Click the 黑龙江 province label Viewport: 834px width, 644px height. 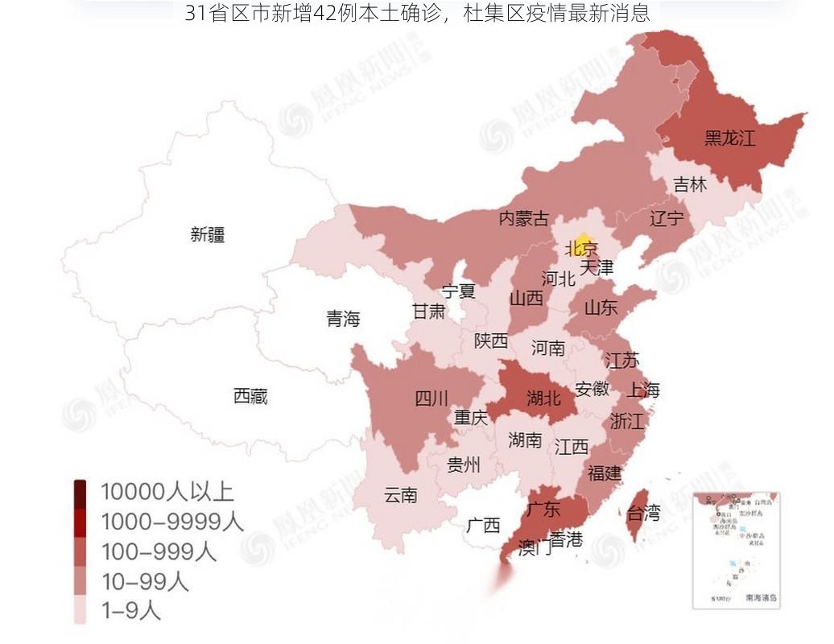tap(729, 138)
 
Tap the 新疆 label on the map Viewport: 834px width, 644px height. tap(208, 234)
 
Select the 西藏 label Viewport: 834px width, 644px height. tap(250, 395)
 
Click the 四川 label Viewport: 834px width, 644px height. tap(431, 398)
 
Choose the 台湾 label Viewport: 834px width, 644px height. tap(642, 512)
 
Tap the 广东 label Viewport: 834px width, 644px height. tap(543, 509)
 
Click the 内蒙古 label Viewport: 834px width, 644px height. tap(524, 218)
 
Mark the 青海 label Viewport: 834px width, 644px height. tap(343, 319)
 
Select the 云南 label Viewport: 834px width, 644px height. tap(400, 494)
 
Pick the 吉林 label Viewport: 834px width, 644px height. tap(690, 184)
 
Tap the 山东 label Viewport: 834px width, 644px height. tap(601, 307)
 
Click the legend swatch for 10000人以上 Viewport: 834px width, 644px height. tap(81, 491)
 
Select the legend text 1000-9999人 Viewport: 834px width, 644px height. tap(171, 522)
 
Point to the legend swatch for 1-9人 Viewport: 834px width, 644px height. tap(81, 610)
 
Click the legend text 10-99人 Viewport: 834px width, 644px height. tap(144, 580)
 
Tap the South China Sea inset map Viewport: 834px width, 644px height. tap(736, 549)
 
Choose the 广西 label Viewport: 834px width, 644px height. tap(483, 526)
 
